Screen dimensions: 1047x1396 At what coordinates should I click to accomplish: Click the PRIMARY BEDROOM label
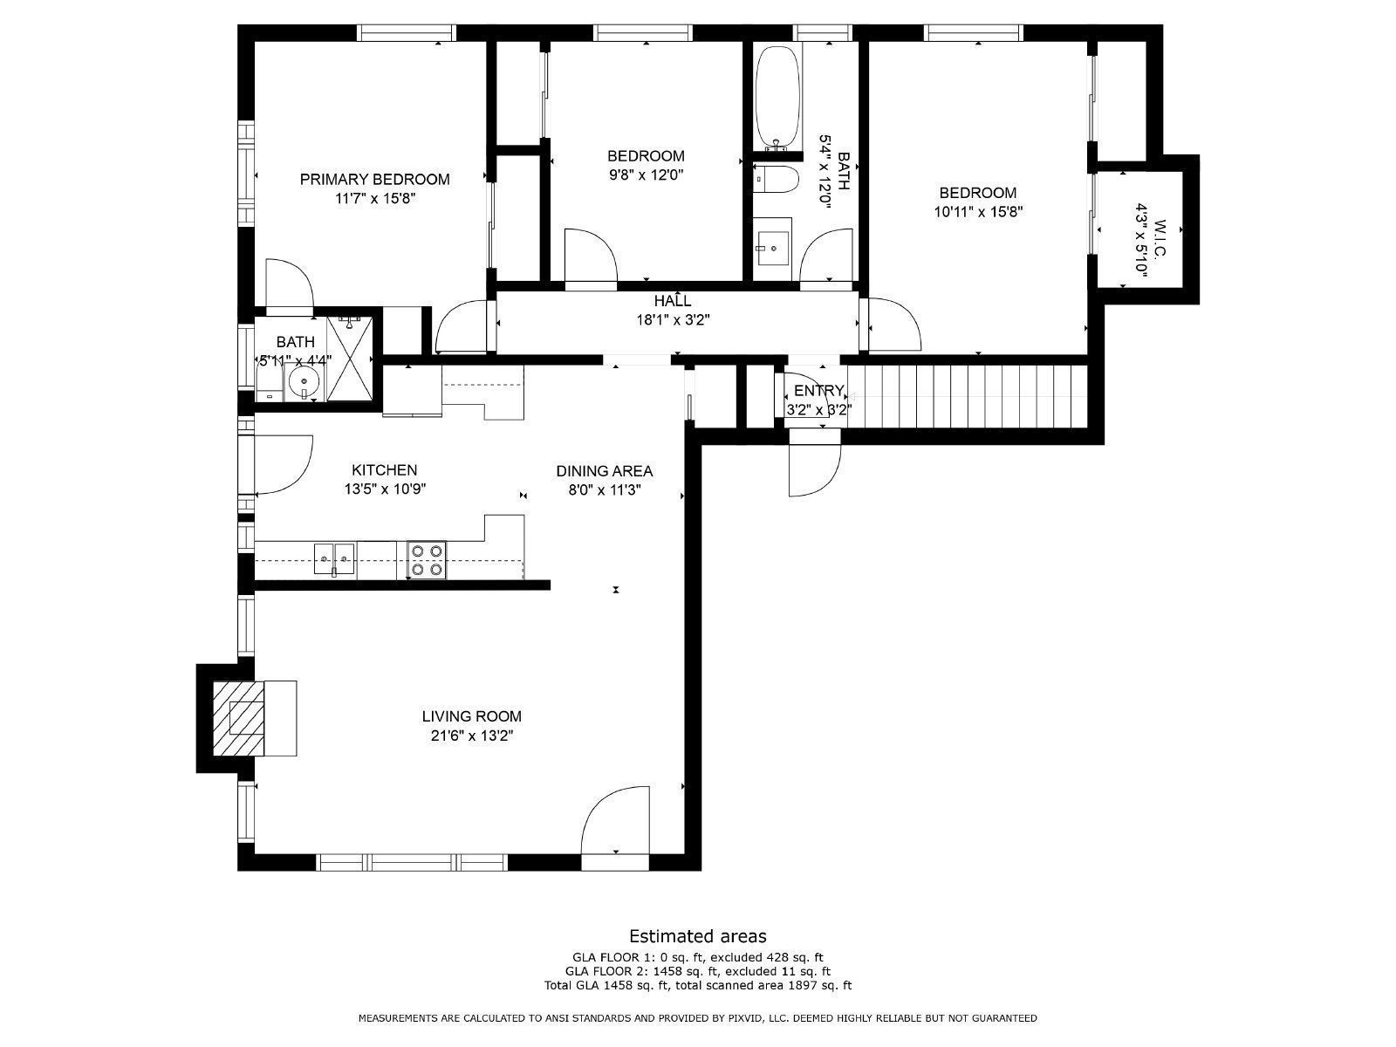(x=374, y=180)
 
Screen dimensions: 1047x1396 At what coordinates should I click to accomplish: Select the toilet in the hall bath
(x=776, y=180)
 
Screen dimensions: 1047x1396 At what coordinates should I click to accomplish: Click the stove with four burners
(x=427, y=560)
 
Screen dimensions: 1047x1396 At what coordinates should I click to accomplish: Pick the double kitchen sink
(x=335, y=559)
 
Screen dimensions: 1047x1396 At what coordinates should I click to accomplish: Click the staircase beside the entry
(x=967, y=397)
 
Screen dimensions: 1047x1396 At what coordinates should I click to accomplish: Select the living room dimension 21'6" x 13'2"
(x=472, y=736)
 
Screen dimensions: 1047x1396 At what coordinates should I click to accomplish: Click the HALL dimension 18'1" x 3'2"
(x=672, y=320)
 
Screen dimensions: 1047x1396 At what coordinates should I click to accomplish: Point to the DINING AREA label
(x=604, y=471)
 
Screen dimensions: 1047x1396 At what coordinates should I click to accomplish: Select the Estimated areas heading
(x=697, y=936)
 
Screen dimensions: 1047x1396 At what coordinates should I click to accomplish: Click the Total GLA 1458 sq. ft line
(x=697, y=986)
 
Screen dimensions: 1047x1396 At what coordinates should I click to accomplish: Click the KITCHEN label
(x=384, y=470)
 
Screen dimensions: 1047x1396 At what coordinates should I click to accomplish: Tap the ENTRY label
(x=818, y=390)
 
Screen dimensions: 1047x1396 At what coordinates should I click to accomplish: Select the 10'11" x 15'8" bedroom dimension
(x=978, y=211)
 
